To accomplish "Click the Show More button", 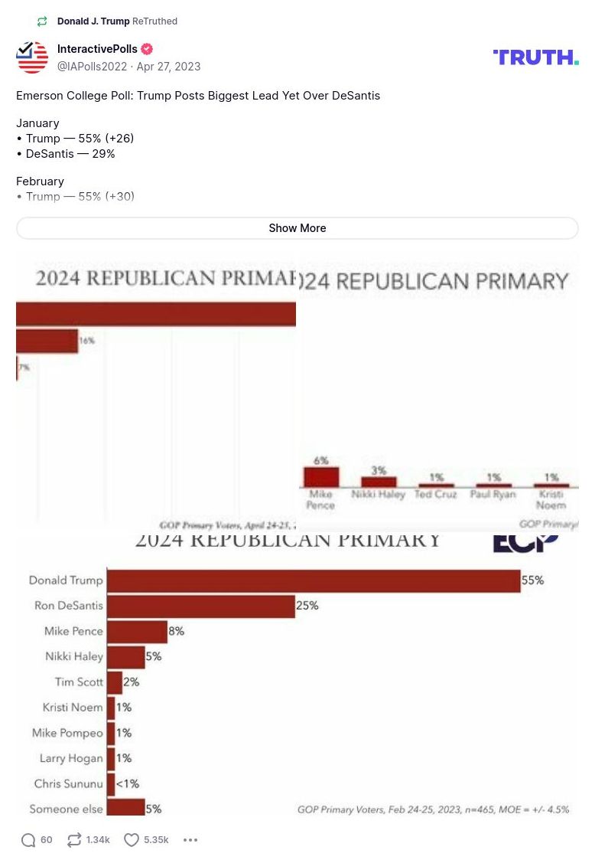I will (297, 228).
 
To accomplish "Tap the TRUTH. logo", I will (535, 57).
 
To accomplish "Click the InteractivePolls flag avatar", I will (32, 57).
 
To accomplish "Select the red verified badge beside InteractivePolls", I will (147, 50).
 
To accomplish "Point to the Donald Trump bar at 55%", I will (313, 580).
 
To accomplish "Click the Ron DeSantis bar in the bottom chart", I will (200, 606).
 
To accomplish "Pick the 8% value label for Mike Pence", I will (177, 631).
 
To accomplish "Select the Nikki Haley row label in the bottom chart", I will (73, 656).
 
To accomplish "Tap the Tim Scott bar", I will (115, 682).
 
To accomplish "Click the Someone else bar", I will (125, 808).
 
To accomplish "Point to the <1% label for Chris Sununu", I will (128, 783).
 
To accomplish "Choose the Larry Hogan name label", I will (71, 758).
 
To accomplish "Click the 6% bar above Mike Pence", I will (320, 477).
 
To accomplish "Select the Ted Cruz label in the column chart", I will (435, 495).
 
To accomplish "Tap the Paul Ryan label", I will (494, 495).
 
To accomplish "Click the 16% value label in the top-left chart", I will (86, 341).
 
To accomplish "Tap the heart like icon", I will (132, 840).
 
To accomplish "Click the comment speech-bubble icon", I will (28, 840).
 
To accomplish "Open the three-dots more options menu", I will (190, 840).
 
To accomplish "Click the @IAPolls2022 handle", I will (92, 67).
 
